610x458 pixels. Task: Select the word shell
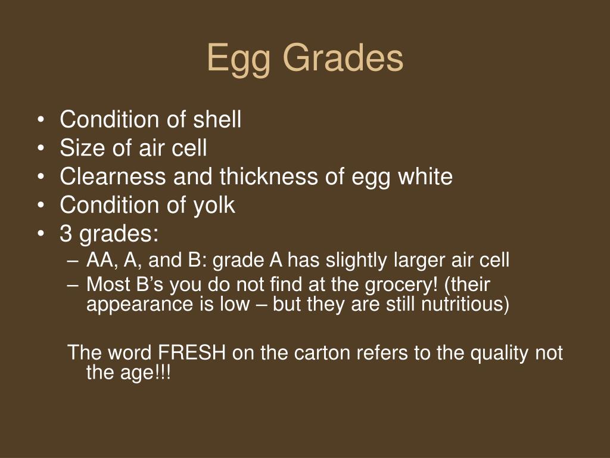pyautogui.click(x=217, y=120)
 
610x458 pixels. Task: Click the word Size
pyautogui.click(x=81, y=148)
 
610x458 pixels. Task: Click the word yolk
pyautogui.click(x=213, y=206)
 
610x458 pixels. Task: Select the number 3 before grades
pyautogui.click(x=66, y=234)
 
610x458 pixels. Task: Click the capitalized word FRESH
pyautogui.click(x=192, y=353)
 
